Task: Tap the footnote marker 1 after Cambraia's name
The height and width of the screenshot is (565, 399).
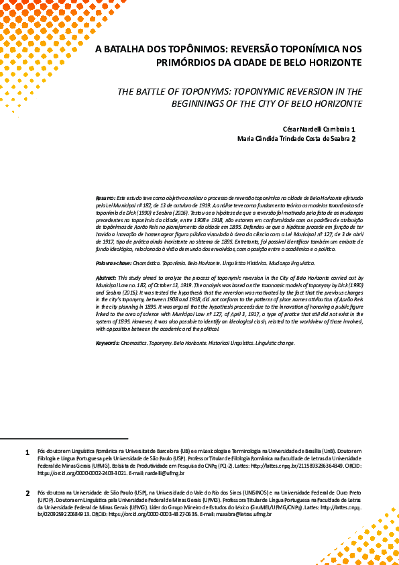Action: click(x=353, y=130)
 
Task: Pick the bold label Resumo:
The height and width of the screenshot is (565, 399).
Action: click(x=105, y=199)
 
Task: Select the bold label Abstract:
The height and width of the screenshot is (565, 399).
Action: click(x=107, y=277)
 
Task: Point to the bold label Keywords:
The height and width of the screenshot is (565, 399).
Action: click(x=108, y=343)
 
